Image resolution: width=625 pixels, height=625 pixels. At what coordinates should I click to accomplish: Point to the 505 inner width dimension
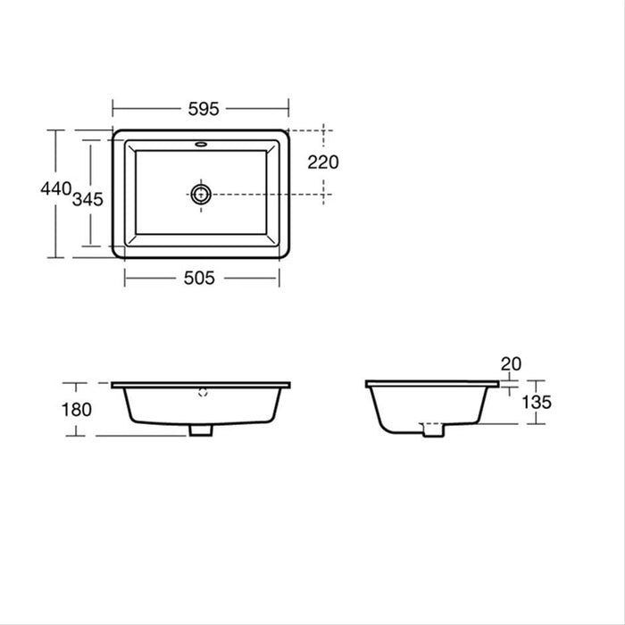tap(200, 278)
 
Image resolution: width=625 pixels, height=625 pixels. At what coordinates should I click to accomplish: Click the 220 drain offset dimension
tap(322, 162)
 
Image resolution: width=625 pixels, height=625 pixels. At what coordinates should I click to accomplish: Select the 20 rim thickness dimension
tap(511, 363)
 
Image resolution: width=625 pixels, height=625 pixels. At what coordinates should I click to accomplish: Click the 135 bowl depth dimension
tap(536, 402)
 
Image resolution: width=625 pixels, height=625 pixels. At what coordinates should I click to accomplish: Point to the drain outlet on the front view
tap(201, 430)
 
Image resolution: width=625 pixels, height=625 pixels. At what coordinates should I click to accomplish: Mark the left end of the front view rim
tap(113, 385)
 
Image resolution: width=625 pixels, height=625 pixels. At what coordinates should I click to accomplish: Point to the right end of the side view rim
tap(497, 385)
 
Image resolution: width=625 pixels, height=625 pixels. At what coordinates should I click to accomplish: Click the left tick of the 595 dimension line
tap(112, 108)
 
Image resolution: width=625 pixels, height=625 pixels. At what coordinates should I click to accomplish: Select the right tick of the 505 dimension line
tap(279, 278)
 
